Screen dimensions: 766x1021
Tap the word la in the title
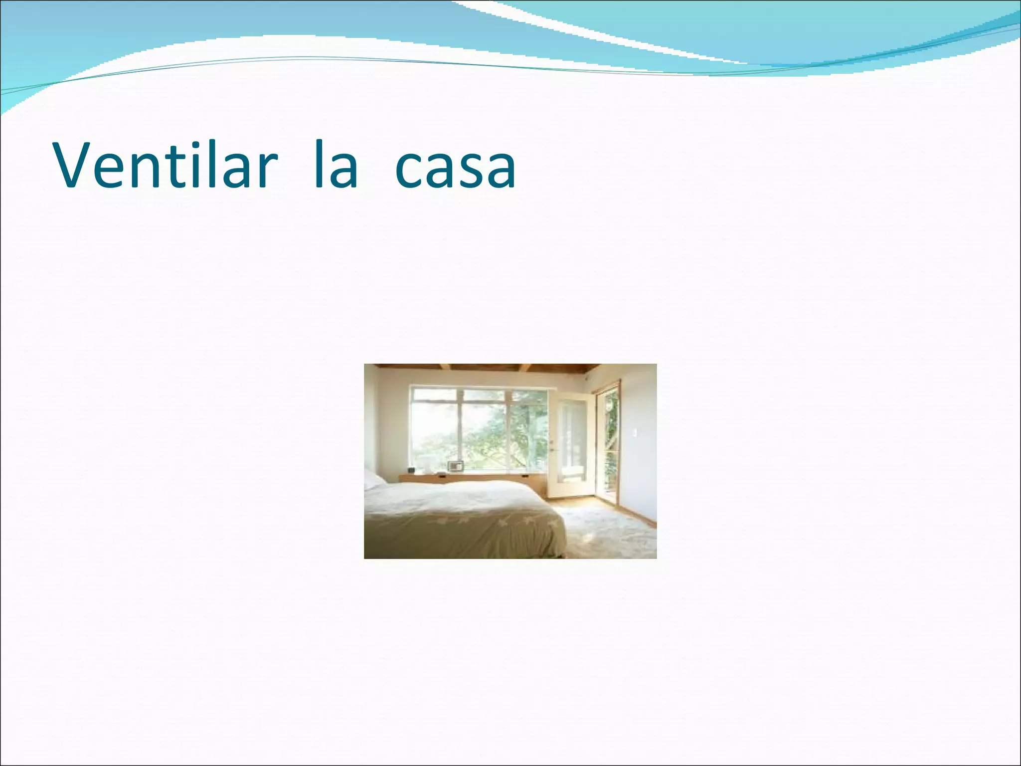coord(337,166)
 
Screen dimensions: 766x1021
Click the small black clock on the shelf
coord(412,470)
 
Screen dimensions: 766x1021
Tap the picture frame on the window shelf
coord(456,466)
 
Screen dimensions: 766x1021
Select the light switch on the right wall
coord(635,433)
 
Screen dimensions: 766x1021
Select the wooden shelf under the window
coord(474,478)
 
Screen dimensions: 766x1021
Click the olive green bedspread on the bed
coord(464,529)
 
